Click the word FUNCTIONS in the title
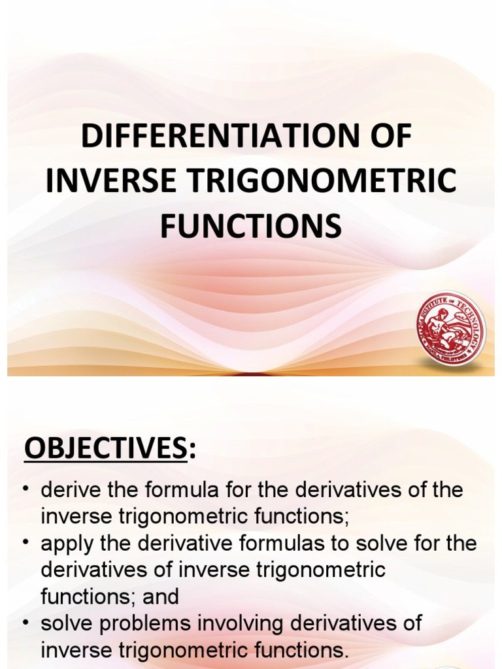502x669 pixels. (251, 225)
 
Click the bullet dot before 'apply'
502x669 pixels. (25, 544)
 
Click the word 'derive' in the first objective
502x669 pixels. (67, 490)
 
